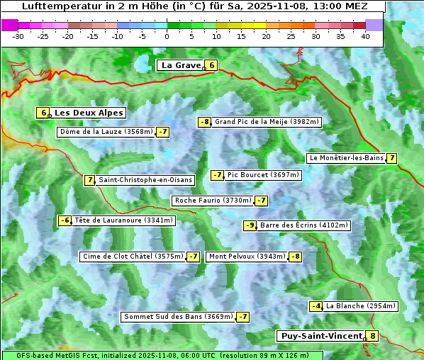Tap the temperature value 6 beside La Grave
(x=211, y=65)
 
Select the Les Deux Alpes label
(x=89, y=113)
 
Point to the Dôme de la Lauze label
(x=106, y=132)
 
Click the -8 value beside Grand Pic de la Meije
(x=204, y=122)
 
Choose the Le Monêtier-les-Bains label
(x=345, y=158)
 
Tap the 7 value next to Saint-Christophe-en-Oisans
(x=89, y=180)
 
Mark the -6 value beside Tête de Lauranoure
(x=65, y=220)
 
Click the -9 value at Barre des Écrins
(x=250, y=225)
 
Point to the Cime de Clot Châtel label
(x=133, y=257)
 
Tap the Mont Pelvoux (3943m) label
(x=247, y=257)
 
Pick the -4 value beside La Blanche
(x=316, y=306)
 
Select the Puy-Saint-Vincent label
(x=320, y=336)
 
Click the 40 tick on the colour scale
(x=365, y=36)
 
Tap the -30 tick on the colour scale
(x=18, y=36)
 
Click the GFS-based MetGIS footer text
(x=57, y=355)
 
